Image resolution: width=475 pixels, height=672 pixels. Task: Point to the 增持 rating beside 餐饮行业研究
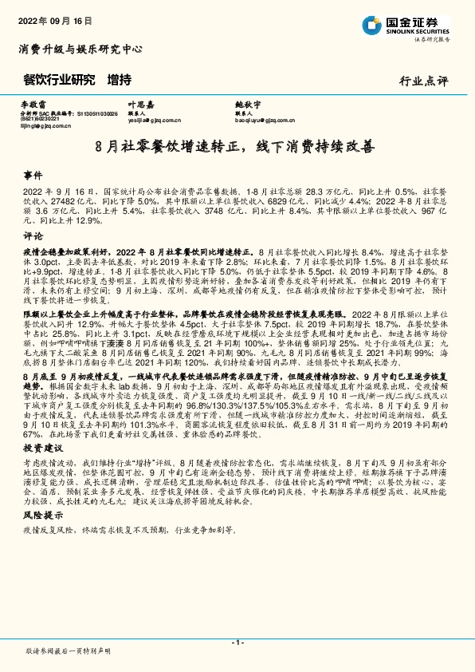[x=119, y=80]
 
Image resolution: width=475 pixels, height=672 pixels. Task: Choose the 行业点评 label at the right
[x=424, y=81]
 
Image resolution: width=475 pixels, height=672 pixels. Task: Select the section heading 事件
[x=33, y=175]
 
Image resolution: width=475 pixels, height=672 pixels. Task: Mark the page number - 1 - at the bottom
[x=237, y=642]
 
